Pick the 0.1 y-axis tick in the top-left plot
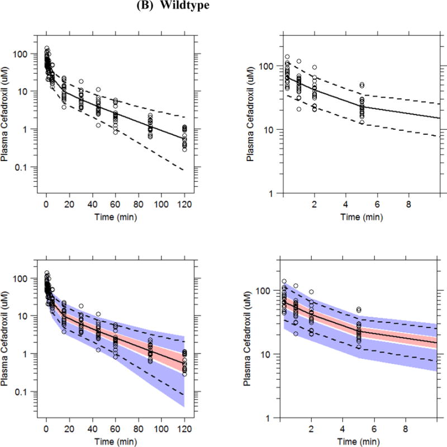[27, 167]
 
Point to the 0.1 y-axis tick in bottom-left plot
[27, 392]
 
